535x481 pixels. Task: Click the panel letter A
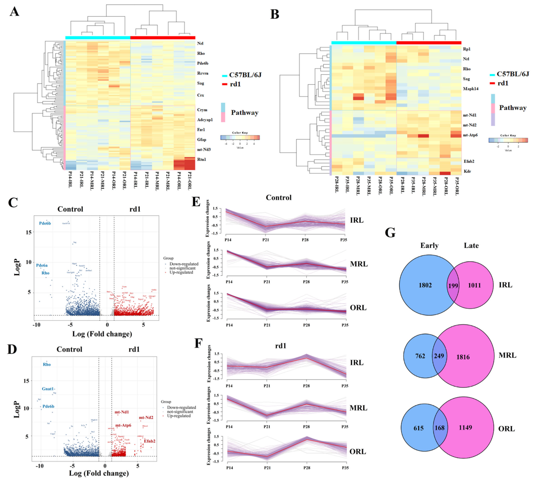point(14,12)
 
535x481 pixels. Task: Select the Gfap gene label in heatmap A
point(202,140)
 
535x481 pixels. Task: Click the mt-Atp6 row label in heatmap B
point(470,135)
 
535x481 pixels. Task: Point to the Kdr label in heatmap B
point(467,171)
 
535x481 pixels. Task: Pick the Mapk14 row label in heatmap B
point(470,89)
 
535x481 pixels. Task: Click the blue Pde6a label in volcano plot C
point(42,265)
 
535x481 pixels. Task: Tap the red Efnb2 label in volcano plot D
point(150,441)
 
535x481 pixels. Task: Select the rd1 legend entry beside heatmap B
point(503,83)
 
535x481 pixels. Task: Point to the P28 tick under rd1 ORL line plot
point(306,468)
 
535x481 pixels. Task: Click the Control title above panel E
point(279,198)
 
